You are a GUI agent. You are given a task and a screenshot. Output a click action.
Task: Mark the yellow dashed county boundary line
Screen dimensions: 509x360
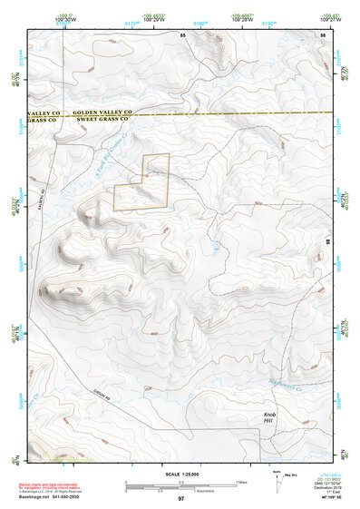pyautogui.click(x=227, y=115)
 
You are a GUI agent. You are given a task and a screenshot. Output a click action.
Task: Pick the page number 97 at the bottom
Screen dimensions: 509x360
pyautogui.click(x=180, y=499)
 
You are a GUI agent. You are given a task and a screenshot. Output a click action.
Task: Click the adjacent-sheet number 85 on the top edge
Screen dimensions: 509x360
pyautogui.click(x=182, y=34)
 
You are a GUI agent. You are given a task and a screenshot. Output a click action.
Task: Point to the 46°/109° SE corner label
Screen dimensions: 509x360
pyautogui.click(x=328, y=498)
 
